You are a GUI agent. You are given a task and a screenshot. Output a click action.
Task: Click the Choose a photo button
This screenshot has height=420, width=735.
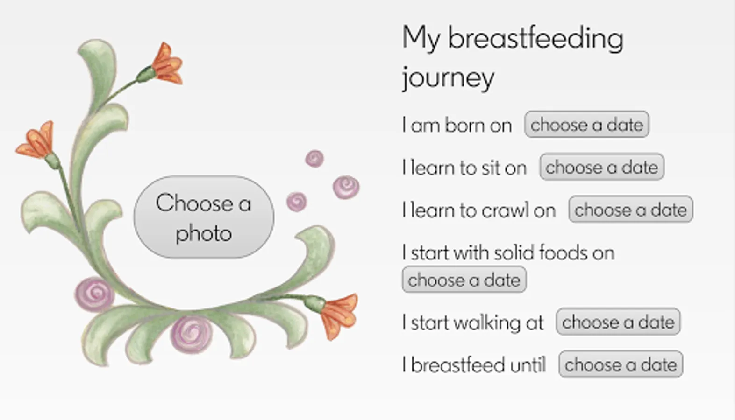click(x=204, y=217)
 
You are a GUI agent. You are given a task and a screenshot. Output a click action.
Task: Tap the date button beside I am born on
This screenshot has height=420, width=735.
click(x=587, y=125)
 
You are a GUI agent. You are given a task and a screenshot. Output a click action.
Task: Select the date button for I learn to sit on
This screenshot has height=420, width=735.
click(x=602, y=167)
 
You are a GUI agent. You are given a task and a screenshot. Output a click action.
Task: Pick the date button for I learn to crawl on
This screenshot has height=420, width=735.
click(x=631, y=210)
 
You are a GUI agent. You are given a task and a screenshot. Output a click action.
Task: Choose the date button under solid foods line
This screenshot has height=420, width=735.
click(x=464, y=280)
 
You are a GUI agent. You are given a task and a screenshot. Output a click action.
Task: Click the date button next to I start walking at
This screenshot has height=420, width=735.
click(x=618, y=322)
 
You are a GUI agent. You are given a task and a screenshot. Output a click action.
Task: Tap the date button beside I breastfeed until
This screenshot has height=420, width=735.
click(x=621, y=364)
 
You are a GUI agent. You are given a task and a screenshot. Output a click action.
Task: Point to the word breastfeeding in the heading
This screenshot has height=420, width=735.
click(x=536, y=39)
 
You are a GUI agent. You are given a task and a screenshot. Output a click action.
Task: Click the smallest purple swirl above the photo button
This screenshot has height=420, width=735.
click(x=314, y=159)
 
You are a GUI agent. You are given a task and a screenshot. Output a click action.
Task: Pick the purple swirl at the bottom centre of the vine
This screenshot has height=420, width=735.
click(x=192, y=334)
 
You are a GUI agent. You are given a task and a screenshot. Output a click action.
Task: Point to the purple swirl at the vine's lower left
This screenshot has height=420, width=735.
click(x=95, y=294)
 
